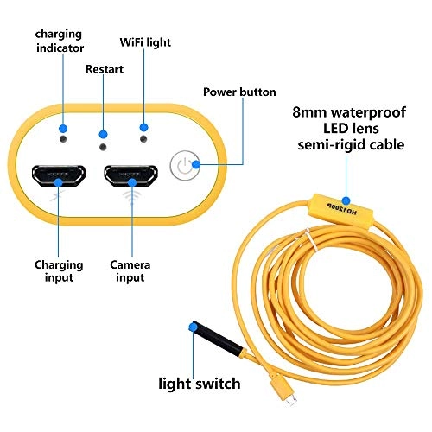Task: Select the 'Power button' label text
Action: (x=239, y=92)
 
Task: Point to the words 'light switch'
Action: (x=199, y=381)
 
